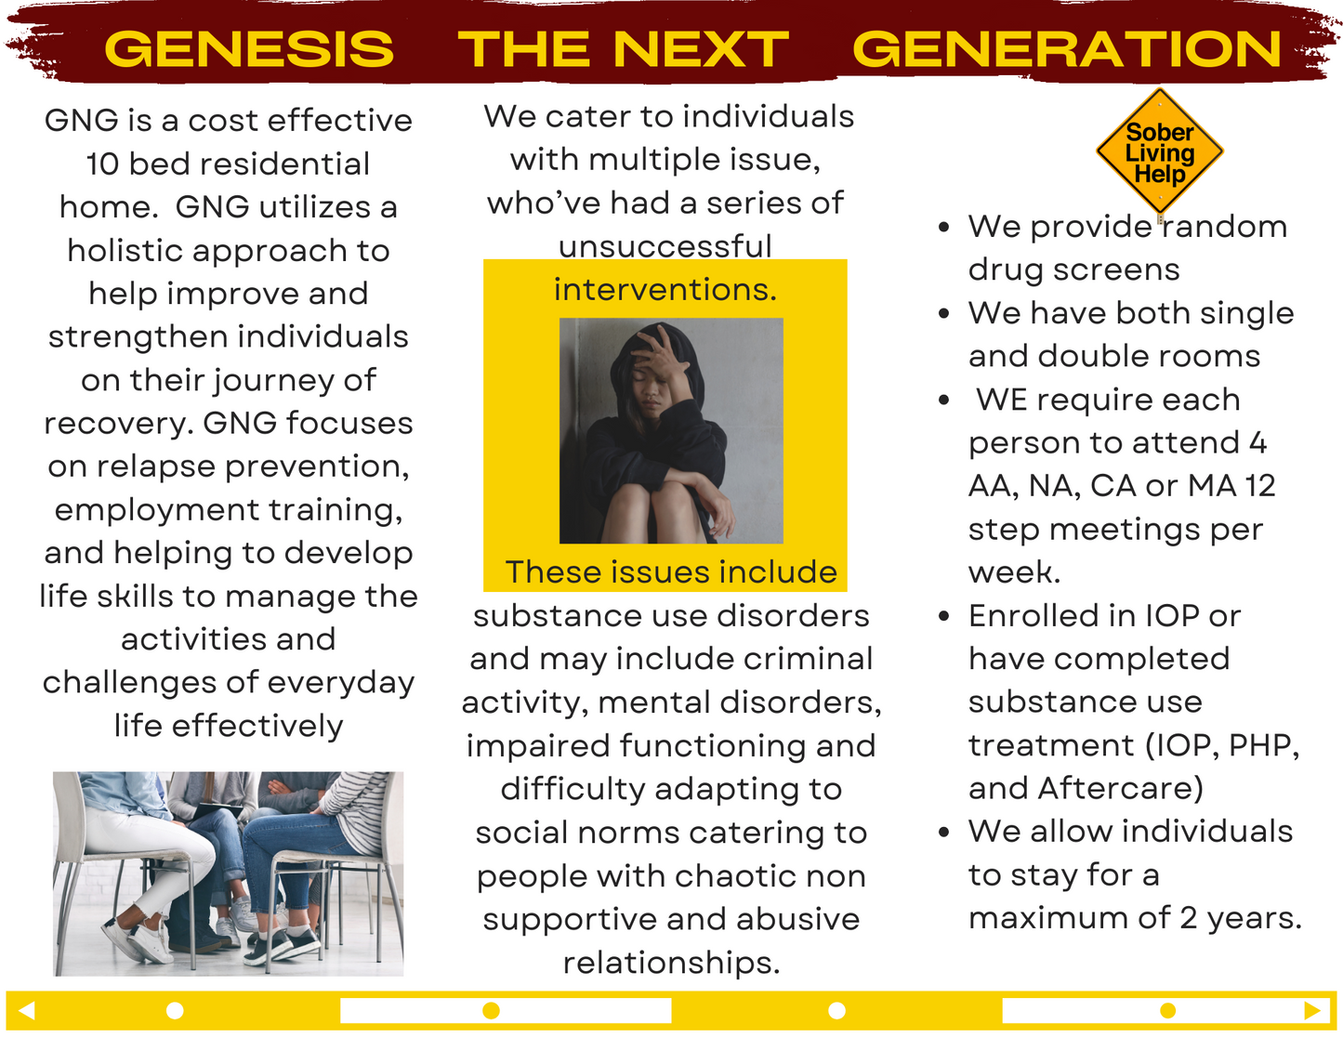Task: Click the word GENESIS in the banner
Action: [249, 49]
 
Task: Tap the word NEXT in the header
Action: [701, 49]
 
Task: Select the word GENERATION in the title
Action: [1066, 49]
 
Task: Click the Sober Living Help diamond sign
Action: [1160, 151]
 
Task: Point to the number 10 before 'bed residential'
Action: [102, 164]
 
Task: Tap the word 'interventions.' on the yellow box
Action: [665, 289]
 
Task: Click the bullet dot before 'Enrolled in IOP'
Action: [943, 616]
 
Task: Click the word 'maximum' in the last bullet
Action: [1069, 918]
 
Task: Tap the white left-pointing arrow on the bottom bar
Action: [26, 1011]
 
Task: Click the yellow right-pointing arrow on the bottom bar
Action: [1311, 1011]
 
